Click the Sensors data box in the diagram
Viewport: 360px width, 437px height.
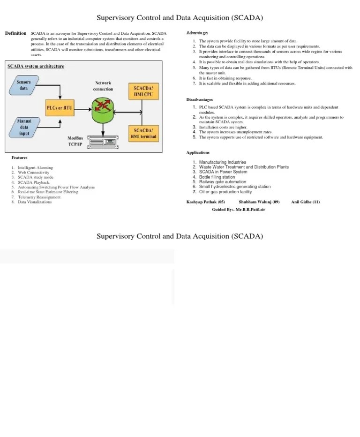[23, 85]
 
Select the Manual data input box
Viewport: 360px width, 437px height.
[23, 127]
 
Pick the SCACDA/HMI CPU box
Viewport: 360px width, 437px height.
[143, 91]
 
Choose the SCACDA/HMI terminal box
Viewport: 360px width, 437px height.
[143, 133]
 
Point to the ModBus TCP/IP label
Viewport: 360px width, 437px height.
[75, 141]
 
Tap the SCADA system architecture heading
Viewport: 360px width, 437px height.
[36, 66]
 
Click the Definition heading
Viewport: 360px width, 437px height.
[15, 34]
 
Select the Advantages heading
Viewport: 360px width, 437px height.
[197, 33]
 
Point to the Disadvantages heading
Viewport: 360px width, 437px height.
[200, 99]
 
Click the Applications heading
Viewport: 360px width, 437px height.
[198, 152]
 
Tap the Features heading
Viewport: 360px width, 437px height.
[20, 158]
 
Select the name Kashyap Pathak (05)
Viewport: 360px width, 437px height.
[206, 202]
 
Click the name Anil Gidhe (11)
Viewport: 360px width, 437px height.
[305, 202]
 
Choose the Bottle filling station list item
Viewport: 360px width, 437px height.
[217, 177]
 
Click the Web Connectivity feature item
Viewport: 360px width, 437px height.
[33, 173]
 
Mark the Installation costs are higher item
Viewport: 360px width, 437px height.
[223, 127]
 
